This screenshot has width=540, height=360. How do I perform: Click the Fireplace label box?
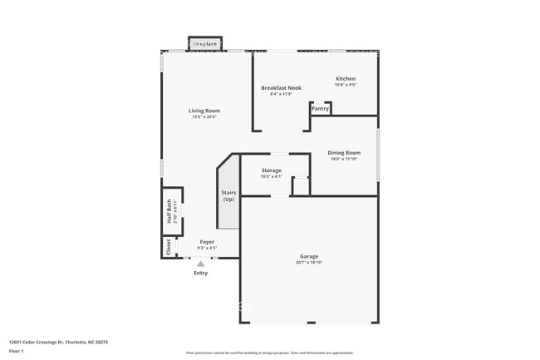click(205, 43)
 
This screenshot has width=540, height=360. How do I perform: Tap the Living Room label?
click(204, 111)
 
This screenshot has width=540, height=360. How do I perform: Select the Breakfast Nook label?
click(281, 87)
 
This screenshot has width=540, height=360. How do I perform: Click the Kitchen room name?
click(345, 79)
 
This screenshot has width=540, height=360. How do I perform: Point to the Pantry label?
click(320, 109)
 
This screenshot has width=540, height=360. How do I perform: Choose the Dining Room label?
click(343, 153)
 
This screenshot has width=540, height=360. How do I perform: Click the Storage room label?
click(271, 170)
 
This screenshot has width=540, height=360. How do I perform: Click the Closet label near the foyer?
click(169, 247)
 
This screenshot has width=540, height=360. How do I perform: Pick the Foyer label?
click(207, 242)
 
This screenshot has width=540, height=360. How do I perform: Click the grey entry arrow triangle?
click(200, 264)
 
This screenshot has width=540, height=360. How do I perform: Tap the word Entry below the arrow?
click(201, 273)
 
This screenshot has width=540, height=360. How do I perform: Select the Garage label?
click(309, 256)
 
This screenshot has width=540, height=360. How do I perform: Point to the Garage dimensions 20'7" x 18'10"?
click(309, 262)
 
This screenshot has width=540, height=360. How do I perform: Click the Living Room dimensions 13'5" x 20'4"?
click(204, 116)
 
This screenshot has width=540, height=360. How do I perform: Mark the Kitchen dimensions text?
click(345, 85)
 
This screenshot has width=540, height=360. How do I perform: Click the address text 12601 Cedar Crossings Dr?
click(58, 342)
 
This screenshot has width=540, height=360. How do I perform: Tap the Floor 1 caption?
click(17, 351)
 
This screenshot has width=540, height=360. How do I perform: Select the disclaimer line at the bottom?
click(269, 353)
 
